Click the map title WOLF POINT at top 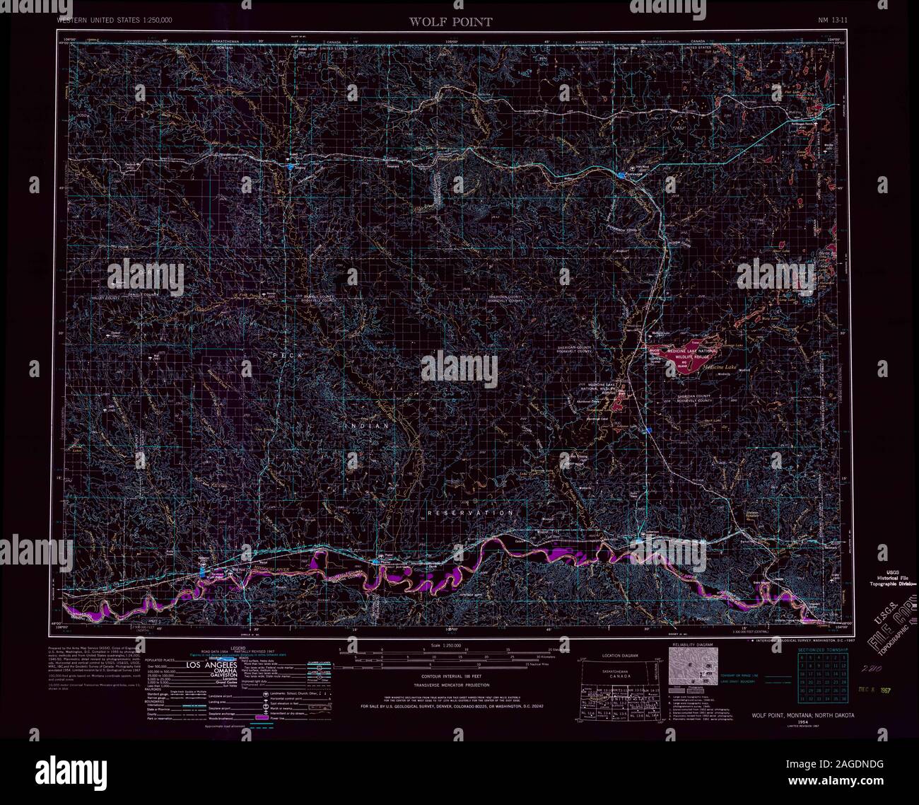[x=450, y=21]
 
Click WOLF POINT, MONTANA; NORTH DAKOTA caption [x=802, y=715]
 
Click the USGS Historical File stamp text [x=888, y=577]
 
